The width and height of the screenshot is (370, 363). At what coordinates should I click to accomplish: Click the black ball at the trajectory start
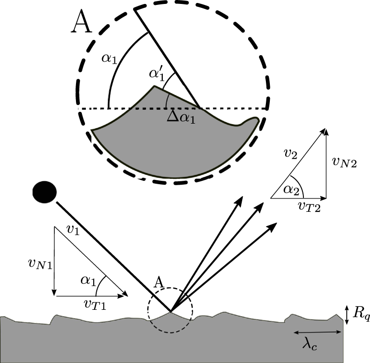point(44,190)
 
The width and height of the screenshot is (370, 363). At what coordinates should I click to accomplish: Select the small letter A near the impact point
point(159,282)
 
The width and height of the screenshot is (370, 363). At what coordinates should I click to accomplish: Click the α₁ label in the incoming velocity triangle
point(87,280)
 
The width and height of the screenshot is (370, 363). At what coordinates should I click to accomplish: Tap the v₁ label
point(72,230)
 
